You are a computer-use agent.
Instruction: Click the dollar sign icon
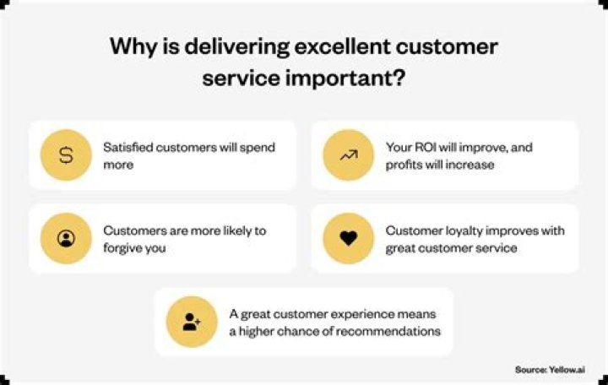[x=66, y=155]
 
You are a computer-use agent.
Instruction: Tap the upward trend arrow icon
[x=348, y=155]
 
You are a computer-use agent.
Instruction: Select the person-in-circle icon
[x=66, y=238]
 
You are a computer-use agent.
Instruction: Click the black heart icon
[x=348, y=238]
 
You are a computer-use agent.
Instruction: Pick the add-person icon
[x=192, y=322]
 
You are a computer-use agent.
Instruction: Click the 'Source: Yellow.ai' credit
[x=550, y=370]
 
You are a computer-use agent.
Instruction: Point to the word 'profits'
[x=404, y=165]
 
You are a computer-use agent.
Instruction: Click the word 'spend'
[x=256, y=147]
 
